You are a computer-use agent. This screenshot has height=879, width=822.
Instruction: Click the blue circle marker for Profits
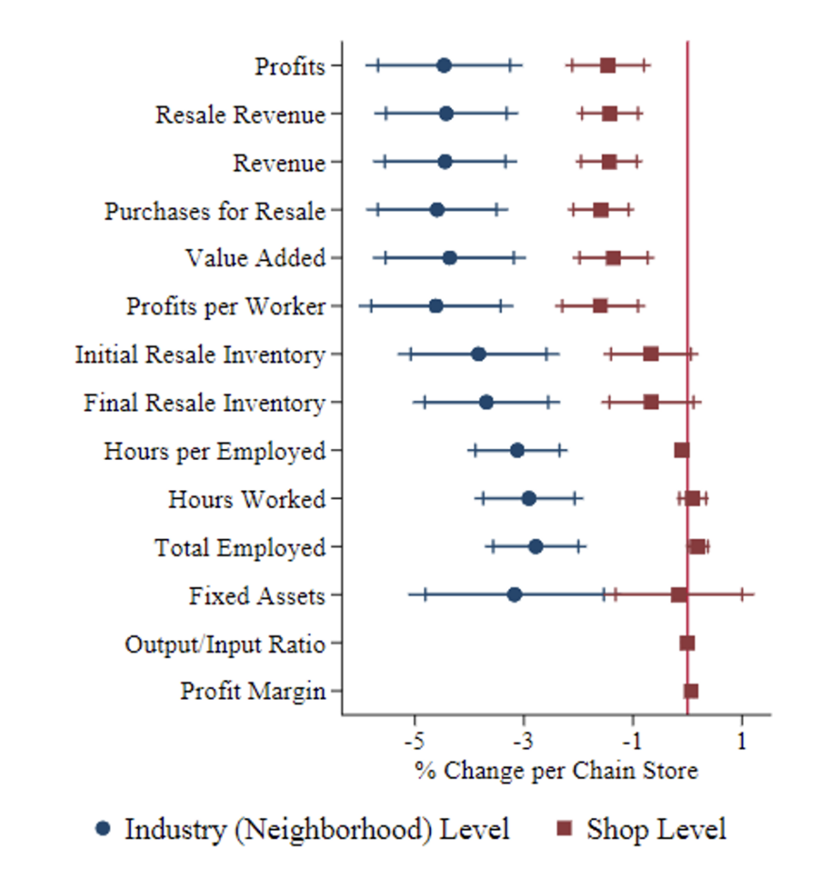point(444,65)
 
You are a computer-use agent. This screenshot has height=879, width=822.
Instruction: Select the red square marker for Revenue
point(609,161)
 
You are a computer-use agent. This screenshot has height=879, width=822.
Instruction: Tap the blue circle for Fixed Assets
point(514,594)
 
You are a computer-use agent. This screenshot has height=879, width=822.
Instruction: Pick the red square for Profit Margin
point(691,690)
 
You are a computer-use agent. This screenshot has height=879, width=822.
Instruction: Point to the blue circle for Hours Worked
point(529,498)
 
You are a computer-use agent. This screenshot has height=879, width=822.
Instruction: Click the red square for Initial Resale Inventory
point(650,354)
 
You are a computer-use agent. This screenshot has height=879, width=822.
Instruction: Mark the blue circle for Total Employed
point(535,546)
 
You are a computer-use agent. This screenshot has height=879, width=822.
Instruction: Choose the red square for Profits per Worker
point(600,306)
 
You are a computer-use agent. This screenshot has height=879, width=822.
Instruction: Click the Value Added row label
point(256,258)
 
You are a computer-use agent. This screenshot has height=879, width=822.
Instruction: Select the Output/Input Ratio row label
point(225,644)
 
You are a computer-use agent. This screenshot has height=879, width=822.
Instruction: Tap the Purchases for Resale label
point(215,210)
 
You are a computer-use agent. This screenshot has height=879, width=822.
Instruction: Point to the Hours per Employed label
point(215,451)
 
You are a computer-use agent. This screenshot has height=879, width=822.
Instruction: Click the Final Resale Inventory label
point(205,403)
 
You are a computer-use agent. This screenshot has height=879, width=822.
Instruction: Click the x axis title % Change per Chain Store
point(556,770)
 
